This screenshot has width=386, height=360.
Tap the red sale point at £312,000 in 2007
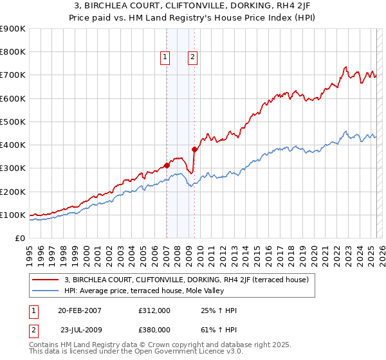tap(167, 165)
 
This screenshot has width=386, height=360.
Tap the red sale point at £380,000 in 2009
tap(194, 149)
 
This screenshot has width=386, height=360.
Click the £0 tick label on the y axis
tap(19, 238)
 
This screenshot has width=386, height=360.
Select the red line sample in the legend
tap(45, 280)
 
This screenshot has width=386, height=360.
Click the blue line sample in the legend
tap(45, 291)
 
